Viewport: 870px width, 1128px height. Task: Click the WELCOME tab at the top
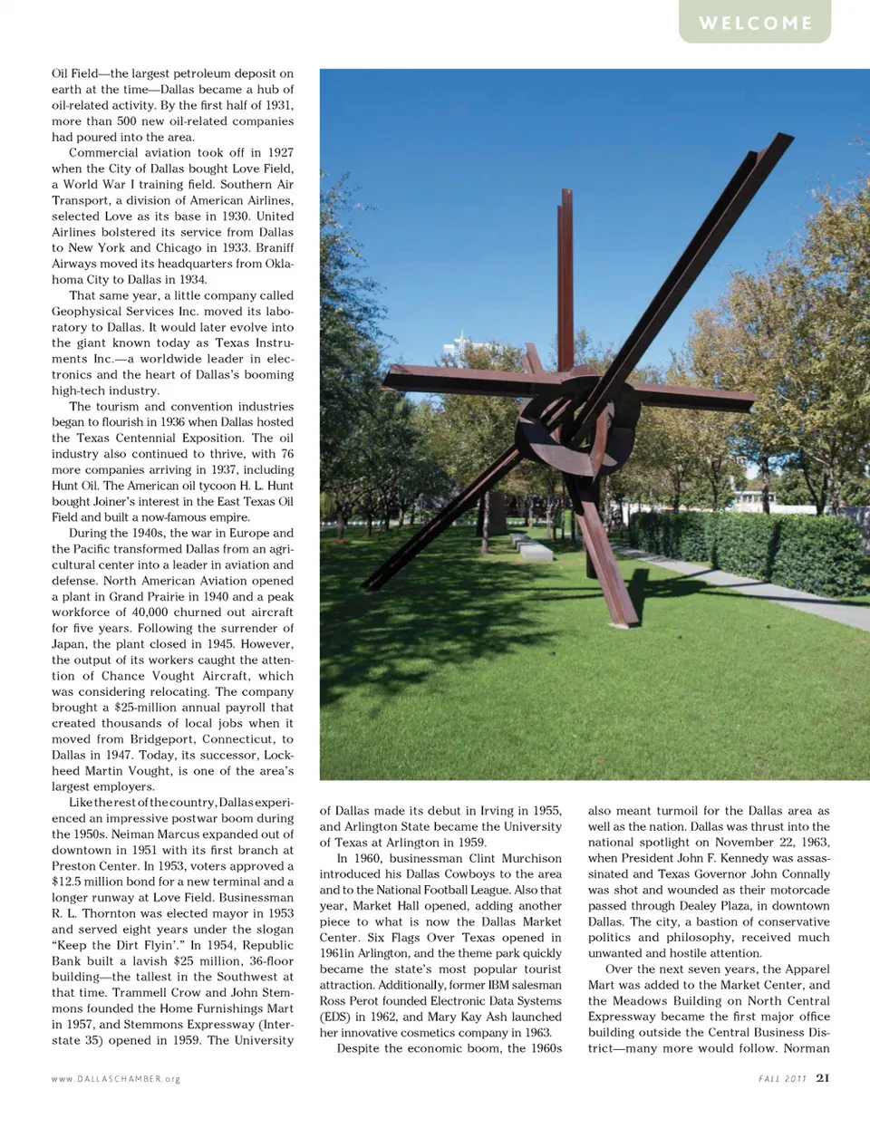coord(755,23)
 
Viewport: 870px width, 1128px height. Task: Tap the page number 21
coord(822,1078)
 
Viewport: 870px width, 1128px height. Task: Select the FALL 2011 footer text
coord(781,1079)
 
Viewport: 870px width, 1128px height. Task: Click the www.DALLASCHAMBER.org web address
coord(116,1079)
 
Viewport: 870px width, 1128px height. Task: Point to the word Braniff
coord(268,247)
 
